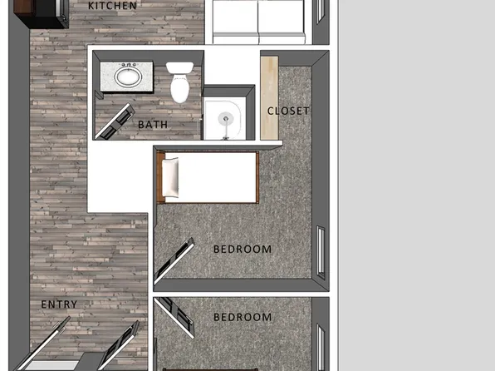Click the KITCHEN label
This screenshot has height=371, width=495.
(112, 6)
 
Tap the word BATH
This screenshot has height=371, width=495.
(153, 124)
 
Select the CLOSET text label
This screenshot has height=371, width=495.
(288, 111)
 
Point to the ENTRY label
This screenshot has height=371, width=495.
(59, 304)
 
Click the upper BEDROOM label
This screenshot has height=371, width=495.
(243, 249)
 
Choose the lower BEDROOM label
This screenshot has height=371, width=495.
(243, 317)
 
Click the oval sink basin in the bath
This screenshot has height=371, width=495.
(128, 78)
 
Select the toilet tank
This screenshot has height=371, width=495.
(179, 68)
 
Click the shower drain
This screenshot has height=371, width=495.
(223, 118)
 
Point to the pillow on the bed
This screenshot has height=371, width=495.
(170, 178)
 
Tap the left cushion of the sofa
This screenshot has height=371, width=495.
(235, 20)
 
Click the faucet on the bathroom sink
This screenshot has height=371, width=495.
(129, 65)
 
